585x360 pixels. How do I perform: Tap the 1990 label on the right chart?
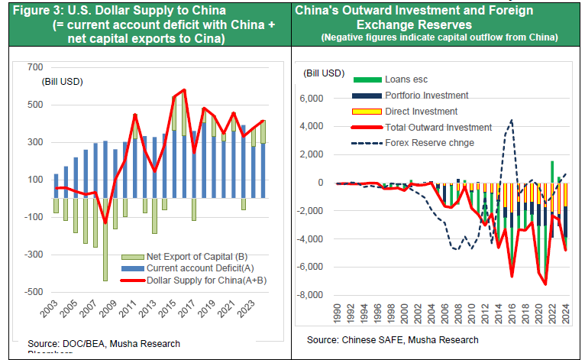click(338, 314)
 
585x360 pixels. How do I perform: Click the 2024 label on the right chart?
click(565, 314)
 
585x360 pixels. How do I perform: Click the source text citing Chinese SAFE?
click(393, 339)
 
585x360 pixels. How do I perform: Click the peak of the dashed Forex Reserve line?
click(511, 119)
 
